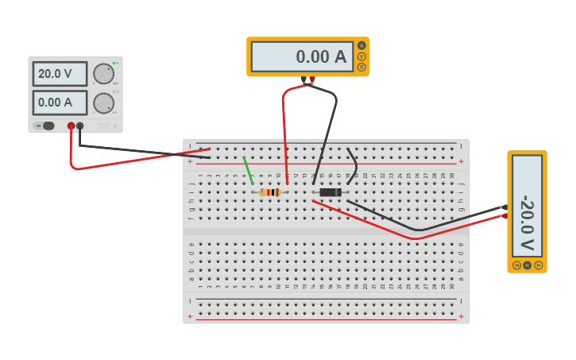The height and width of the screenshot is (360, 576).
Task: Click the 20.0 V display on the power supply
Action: tap(60, 74)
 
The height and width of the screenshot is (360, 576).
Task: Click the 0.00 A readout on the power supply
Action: tap(60, 102)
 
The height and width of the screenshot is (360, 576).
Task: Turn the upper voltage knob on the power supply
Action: tap(103, 74)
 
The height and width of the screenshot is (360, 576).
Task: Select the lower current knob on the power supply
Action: tap(103, 103)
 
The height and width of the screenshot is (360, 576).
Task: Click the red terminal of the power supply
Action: tap(71, 126)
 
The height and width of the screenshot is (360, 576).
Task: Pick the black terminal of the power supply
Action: tap(79, 126)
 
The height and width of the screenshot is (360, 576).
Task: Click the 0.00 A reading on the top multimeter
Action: tap(302, 56)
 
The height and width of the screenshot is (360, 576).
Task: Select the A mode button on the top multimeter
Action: tap(361, 45)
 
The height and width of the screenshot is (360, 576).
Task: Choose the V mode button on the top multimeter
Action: tap(361, 56)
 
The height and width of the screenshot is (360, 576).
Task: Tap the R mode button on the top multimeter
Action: tap(361, 67)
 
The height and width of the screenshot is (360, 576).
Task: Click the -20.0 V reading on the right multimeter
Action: tap(527, 211)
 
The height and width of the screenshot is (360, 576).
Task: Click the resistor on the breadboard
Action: tap(270, 192)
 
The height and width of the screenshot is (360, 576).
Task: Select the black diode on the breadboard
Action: tap(330, 192)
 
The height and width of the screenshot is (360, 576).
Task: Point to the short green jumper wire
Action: tap(248, 170)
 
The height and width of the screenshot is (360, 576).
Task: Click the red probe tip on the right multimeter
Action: tap(504, 215)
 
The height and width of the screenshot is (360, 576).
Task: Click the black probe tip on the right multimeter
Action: tap(504, 207)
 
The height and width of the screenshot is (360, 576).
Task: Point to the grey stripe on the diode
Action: tap(338, 192)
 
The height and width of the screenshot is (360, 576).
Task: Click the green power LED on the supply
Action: tap(114, 63)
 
